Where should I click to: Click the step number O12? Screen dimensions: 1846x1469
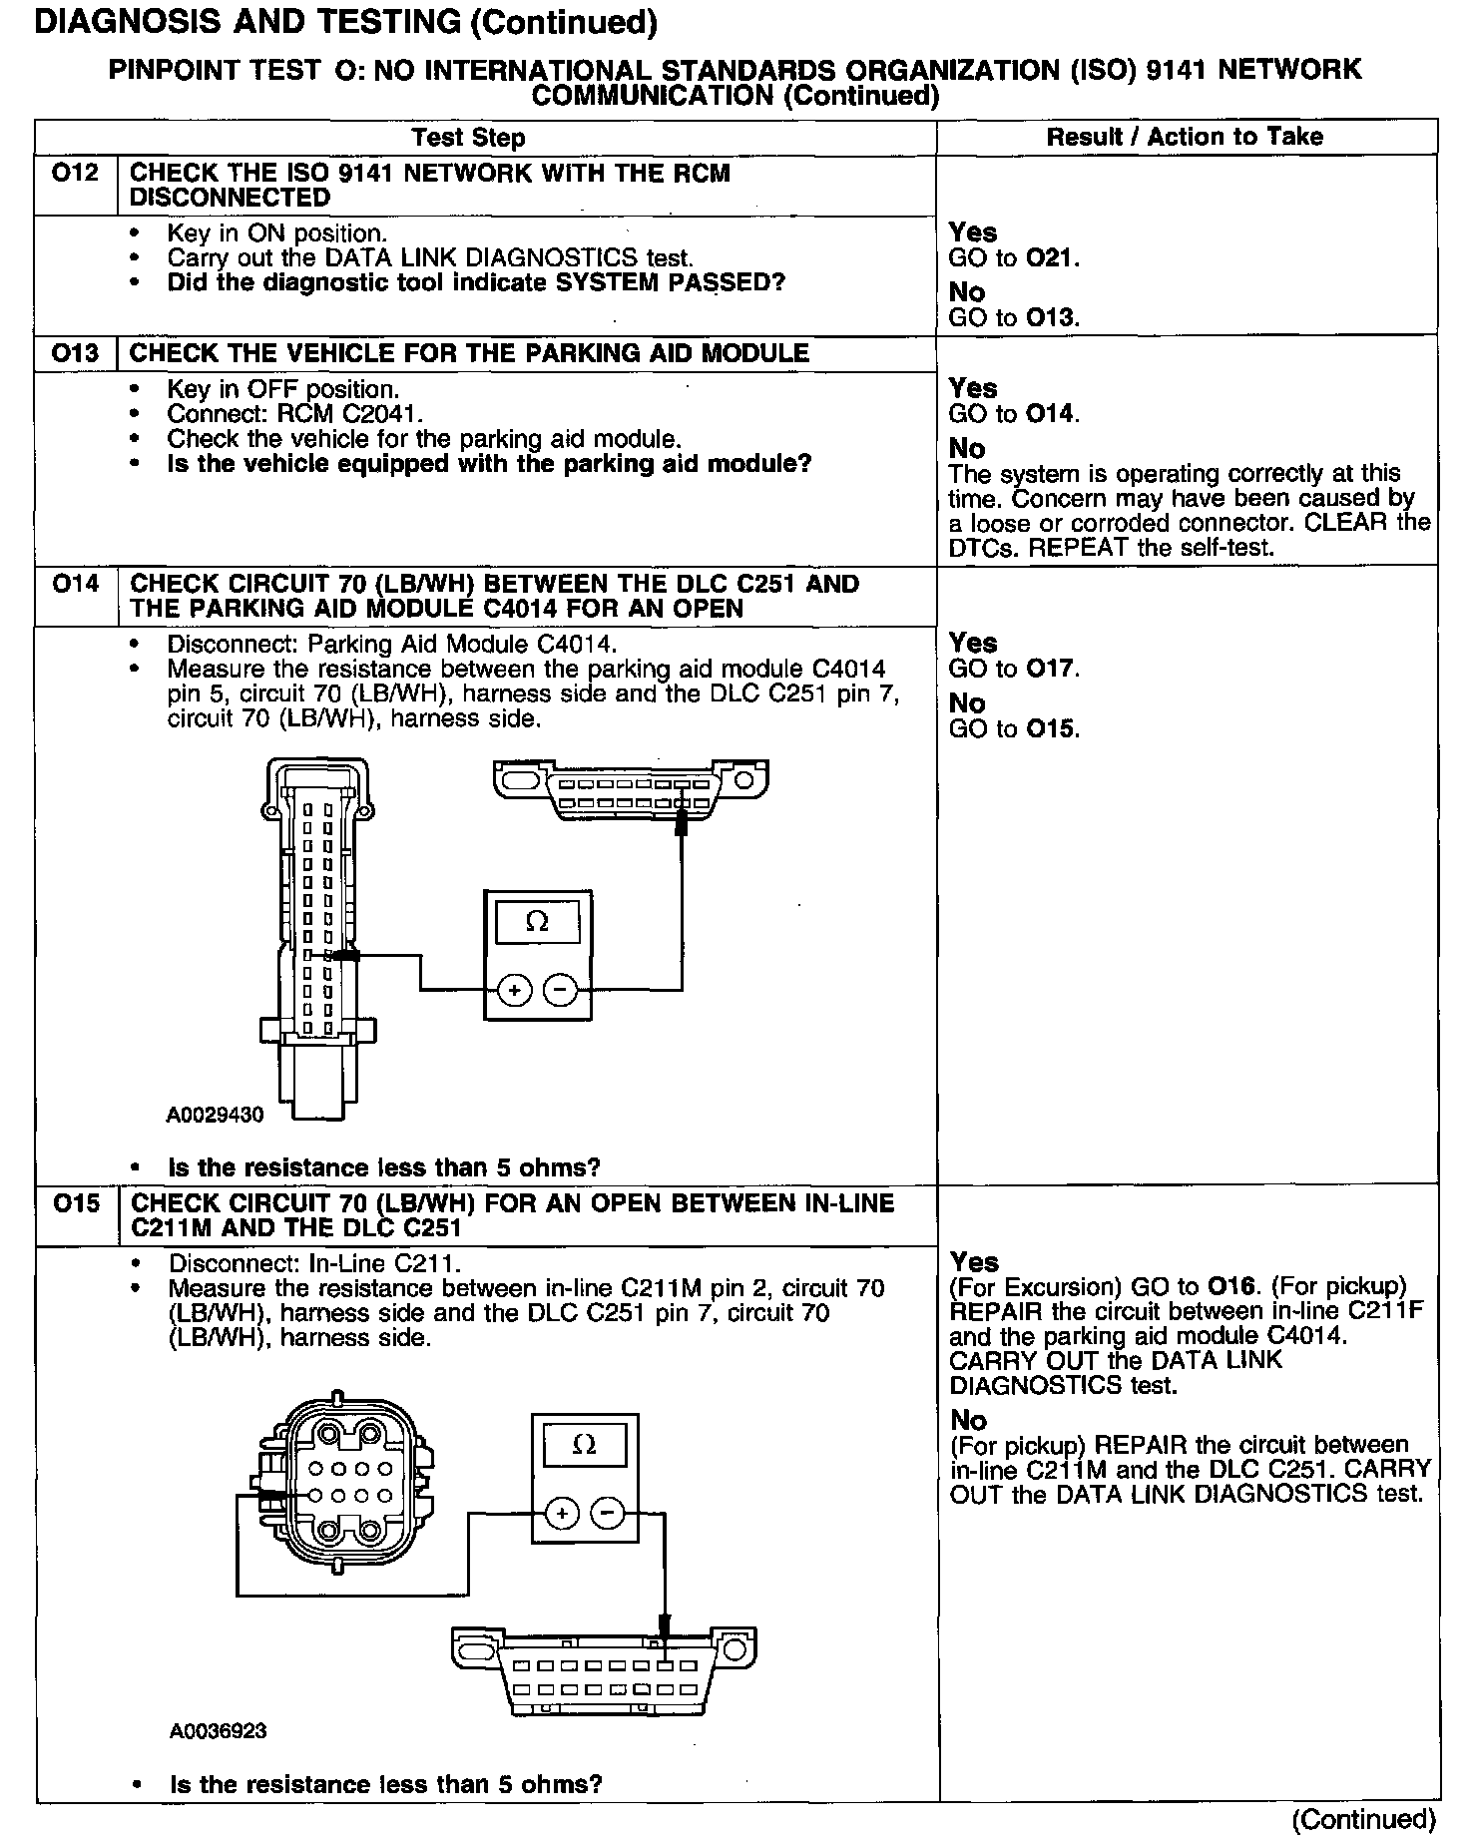[75, 174]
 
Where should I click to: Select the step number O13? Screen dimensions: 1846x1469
[75, 353]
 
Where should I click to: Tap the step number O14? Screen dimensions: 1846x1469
[75, 584]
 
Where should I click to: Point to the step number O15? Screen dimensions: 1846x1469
[76, 1203]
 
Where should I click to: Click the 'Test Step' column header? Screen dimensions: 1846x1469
[468, 138]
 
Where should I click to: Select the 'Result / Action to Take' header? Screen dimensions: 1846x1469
[1185, 137]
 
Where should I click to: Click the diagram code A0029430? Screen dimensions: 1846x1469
[216, 1115]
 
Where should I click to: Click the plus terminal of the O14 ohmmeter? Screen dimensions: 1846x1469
[515, 990]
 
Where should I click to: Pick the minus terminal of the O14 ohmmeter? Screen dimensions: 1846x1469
[561, 990]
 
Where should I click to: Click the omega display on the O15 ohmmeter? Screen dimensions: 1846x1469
[585, 1444]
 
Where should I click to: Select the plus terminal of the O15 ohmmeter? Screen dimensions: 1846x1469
[562, 1514]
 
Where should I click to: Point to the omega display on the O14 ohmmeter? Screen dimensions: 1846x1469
[537, 920]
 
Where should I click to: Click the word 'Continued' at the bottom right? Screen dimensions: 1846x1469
[1363, 1819]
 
